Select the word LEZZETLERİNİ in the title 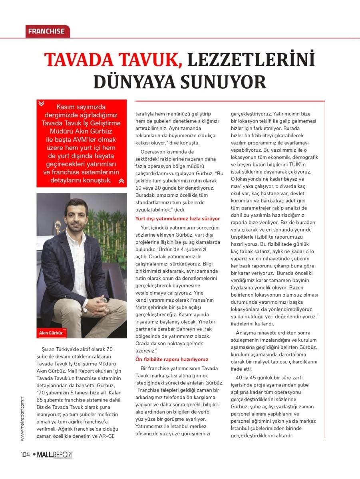click(251, 59)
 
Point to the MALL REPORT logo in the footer click(55, 455)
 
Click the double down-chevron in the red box click(41, 103)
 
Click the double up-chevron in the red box click(121, 181)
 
